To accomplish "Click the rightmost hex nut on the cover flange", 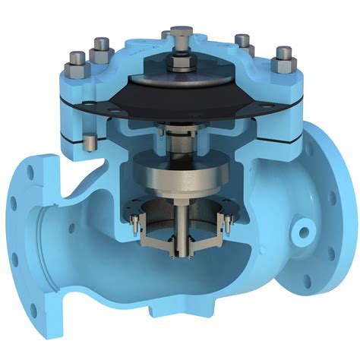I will (x=283, y=55).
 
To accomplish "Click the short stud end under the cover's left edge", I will (x=90, y=143).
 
